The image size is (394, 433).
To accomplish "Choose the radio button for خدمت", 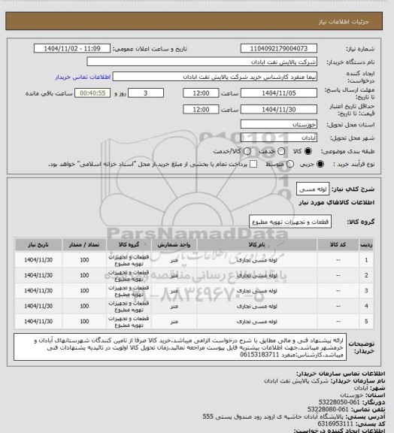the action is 270,151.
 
